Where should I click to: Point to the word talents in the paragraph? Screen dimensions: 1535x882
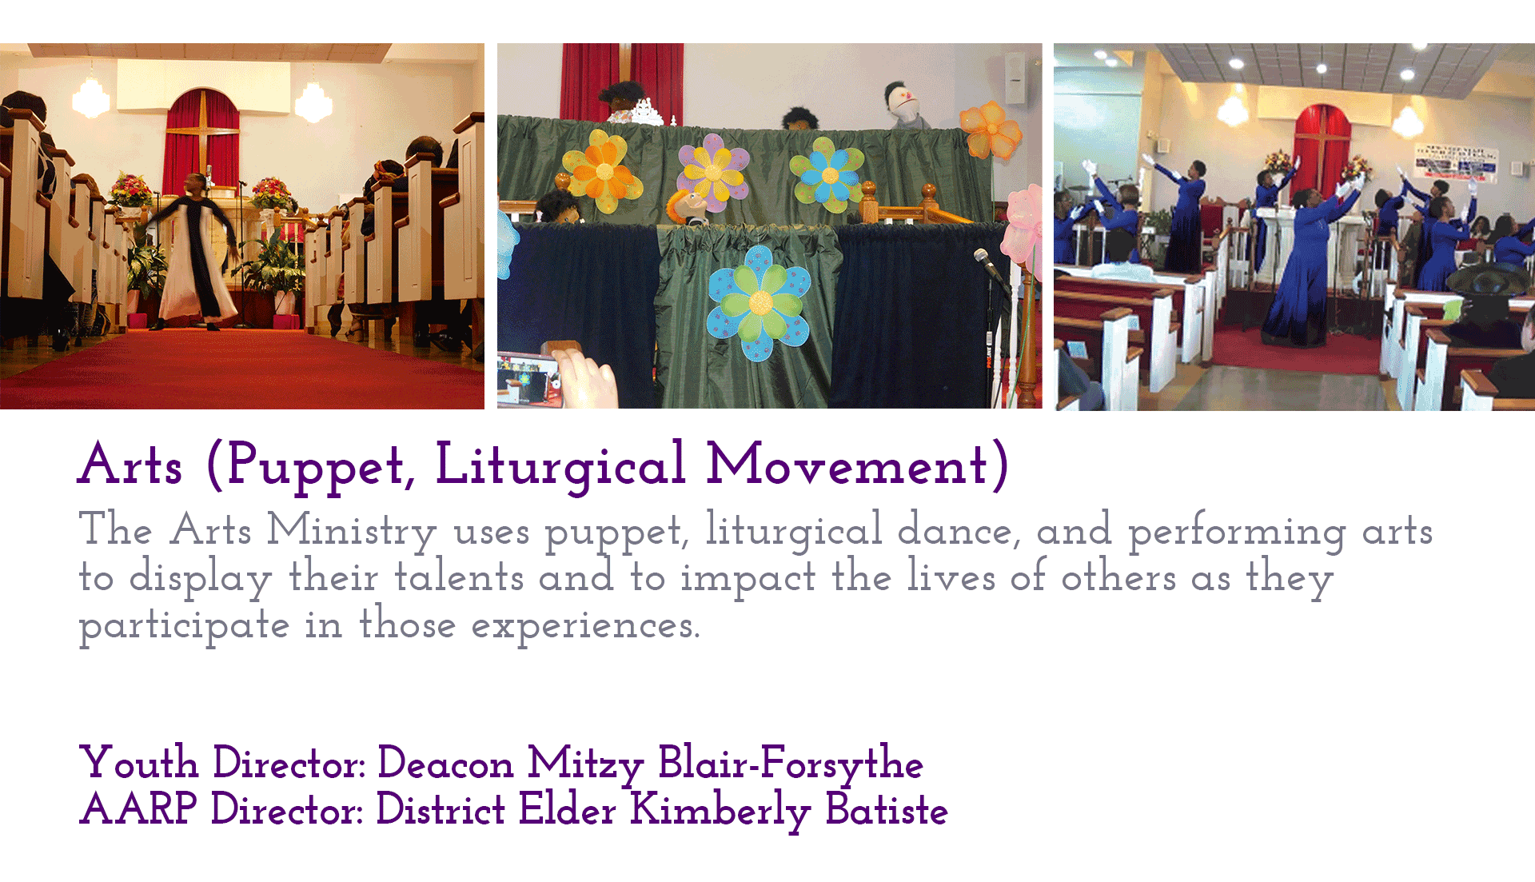[459, 576]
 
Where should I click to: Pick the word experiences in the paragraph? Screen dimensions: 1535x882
[585, 625]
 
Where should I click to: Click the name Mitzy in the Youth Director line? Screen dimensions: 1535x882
[585, 764]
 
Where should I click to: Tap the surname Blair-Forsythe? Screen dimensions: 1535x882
[791, 763]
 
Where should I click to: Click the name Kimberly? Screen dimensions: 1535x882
[720, 810]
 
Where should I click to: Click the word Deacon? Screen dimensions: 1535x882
[445, 763]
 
